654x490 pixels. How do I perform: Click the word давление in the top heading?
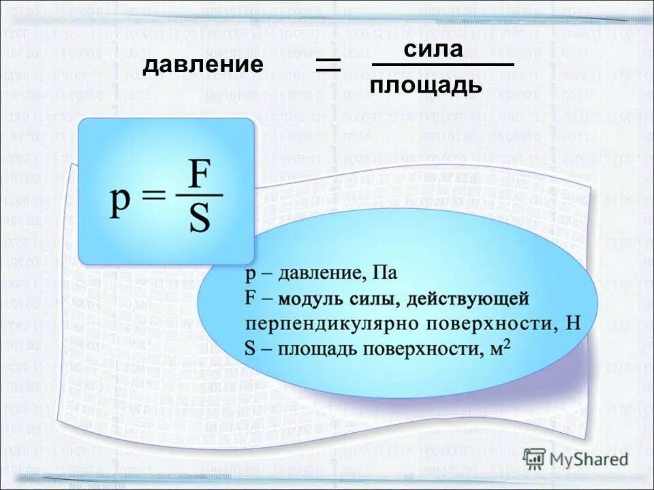coord(202,65)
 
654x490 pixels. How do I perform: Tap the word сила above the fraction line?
coord(433,49)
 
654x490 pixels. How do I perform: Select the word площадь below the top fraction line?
coord(426,85)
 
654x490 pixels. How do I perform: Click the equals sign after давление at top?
coord(328,65)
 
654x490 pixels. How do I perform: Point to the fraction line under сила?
coord(442,66)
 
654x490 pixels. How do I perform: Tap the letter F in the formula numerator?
coord(199,176)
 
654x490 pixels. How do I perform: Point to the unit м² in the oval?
coord(501,348)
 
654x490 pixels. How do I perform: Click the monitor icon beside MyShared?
coord(535,459)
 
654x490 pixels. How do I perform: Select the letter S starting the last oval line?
coord(249,348)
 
